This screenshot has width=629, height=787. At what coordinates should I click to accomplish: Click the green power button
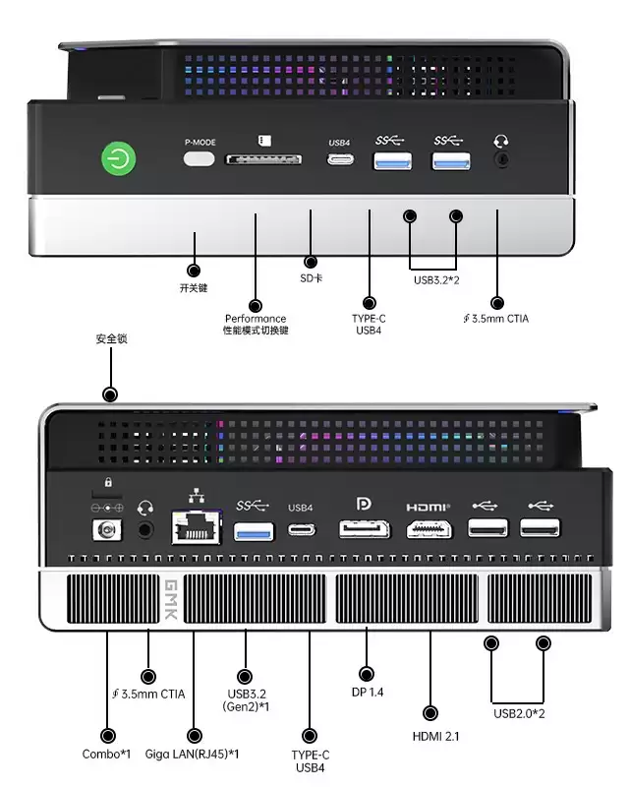(119, 159)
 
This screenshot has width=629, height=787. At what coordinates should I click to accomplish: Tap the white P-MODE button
(200, 159)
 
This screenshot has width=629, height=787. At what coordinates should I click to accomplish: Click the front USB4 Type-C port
(339, 159)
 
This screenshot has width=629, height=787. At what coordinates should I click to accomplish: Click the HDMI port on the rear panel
(429, 528)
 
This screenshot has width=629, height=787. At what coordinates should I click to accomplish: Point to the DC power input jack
(105, 530)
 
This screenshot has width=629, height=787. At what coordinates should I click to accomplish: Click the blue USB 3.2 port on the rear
(253, 528)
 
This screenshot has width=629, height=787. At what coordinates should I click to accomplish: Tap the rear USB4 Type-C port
(301, 528)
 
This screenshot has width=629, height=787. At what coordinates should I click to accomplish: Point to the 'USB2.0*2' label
(519, 713)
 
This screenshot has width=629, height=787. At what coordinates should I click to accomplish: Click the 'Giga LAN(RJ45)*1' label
(193, 755)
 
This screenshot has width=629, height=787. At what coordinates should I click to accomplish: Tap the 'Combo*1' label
(106, 755)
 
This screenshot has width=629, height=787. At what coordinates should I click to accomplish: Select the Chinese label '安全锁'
(111, 339)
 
